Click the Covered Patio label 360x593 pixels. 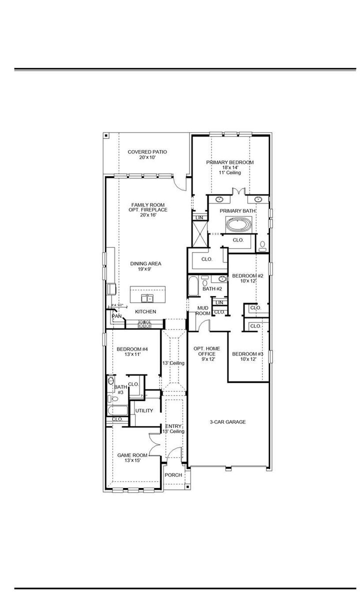147,152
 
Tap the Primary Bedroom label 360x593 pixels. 230,162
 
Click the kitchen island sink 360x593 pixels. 147,298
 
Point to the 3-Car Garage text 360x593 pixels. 227,422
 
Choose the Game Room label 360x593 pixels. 132,455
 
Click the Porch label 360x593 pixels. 173,475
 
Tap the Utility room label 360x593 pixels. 144,410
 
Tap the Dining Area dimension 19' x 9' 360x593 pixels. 146,269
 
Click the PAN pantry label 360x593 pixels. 116,316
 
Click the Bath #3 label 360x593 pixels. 120,389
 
